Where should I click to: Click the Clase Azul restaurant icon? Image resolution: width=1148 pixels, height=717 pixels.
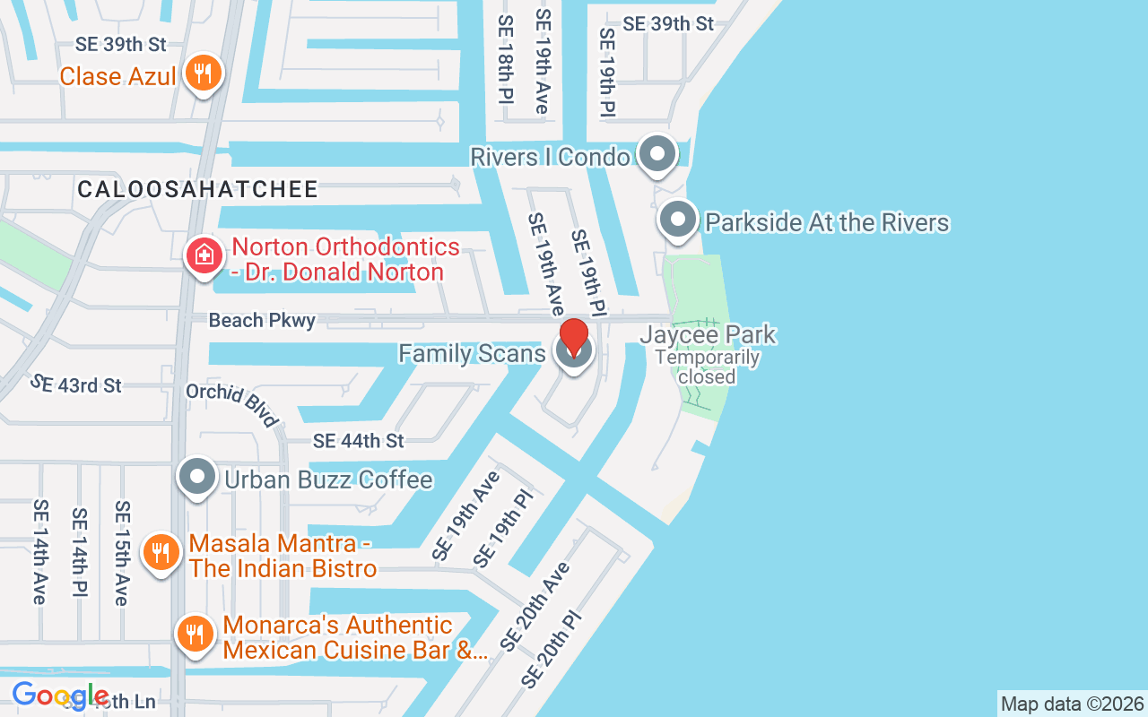(204, 73)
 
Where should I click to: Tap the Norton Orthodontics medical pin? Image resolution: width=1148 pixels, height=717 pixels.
(204, 256)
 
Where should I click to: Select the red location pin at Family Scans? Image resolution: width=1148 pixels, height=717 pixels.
(574, 340)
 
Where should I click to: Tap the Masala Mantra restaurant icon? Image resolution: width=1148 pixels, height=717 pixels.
(161, 552)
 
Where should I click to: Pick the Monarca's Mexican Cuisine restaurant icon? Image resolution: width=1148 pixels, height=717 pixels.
(195, 634)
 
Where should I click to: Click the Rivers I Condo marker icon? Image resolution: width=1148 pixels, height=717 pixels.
(658, 154)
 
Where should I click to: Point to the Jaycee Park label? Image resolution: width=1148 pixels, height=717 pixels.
(708, 336)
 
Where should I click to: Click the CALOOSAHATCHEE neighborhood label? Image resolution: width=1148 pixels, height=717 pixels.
(198, 189)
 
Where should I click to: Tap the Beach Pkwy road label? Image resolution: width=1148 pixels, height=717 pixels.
(262, 320)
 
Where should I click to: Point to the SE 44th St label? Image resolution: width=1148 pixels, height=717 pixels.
(358, 440)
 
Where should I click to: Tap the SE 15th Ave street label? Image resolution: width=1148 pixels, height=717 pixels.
(121, 553)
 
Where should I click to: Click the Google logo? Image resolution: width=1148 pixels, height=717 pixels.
(59, 695)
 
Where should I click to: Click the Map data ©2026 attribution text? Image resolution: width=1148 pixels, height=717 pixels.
(1072, 704)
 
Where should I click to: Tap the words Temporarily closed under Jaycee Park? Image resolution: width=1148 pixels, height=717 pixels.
(707, 367)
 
